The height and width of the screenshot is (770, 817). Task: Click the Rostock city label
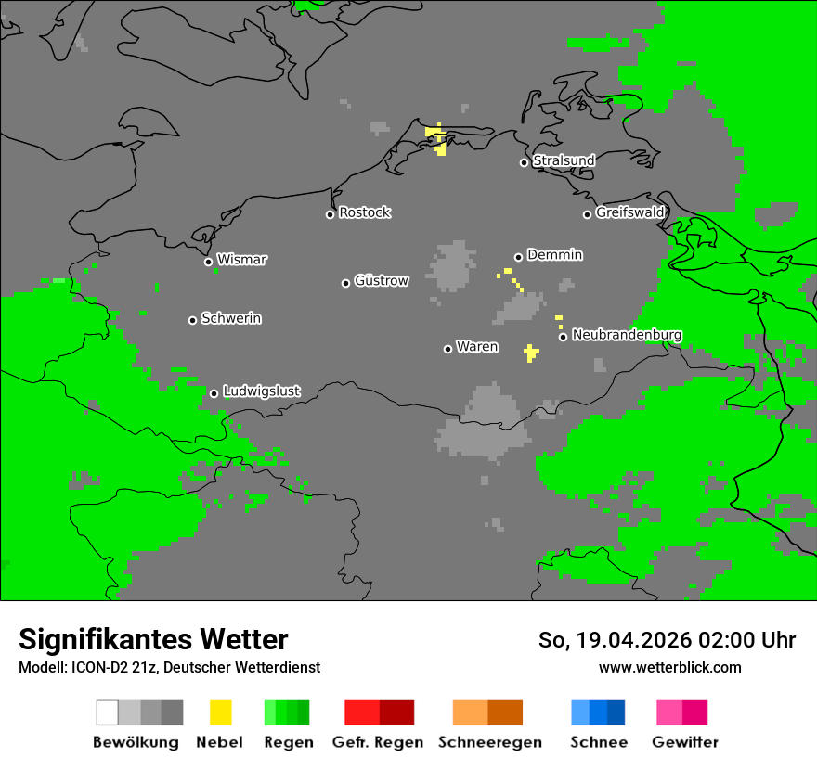pos(365,212)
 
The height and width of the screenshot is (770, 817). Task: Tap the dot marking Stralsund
pos(524,162)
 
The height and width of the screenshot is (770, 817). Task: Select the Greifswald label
pos(630,212)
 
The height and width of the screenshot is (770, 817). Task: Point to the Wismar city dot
pos(208,262)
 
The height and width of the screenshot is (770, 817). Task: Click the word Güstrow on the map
pos(382,280)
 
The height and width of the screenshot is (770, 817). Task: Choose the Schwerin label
pos(231,318)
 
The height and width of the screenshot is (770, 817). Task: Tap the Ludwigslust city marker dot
pos(214,393)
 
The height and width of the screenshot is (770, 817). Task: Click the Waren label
pos(477,347)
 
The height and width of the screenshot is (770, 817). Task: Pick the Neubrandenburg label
pos(628,335)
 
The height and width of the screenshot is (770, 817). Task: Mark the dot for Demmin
pos(518,257)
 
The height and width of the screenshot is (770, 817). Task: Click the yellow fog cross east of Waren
pos(530,353)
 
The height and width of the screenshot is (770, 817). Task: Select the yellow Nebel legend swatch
pos(220,712)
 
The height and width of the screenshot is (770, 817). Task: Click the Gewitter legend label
pos(685,742)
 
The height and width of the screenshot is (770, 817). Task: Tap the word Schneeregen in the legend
pos(490,742)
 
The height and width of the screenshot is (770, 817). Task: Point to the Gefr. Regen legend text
pos(378,742)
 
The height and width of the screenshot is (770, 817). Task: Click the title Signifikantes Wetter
pos(153,639)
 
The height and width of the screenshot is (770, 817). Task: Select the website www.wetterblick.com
pos(670,667)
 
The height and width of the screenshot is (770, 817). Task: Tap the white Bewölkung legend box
pos(108,712)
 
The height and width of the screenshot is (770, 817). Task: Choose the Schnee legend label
pos(599,742)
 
